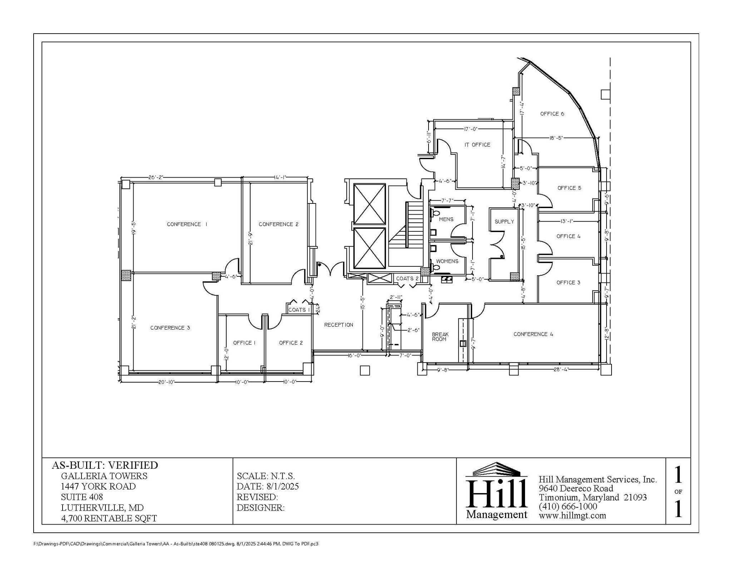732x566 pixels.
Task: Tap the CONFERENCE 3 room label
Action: [170, 328]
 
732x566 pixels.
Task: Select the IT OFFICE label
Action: [477, 144]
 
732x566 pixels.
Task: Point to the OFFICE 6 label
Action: [552, 114]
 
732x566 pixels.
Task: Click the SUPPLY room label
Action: [504, 222]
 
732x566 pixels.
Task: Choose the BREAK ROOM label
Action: [440, 337]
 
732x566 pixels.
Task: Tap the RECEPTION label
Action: [338, 325]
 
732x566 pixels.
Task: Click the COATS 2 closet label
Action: [407, 279]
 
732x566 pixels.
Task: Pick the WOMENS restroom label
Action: [447, 261]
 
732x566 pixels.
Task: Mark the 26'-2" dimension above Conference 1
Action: [155, 177]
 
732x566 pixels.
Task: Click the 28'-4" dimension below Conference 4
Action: [561, 370]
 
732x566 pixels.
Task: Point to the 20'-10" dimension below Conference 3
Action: [166, 382]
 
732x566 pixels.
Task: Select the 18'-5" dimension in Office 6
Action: [556, 138]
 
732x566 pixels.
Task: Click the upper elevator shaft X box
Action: [369, 204]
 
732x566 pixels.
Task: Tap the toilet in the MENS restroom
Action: [435, 213]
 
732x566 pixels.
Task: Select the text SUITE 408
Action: [82, 497]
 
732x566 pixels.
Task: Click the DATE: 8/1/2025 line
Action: [268, 486]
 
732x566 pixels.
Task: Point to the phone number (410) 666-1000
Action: [568, 506]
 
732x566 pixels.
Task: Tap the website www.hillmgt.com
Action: [572, 516]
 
